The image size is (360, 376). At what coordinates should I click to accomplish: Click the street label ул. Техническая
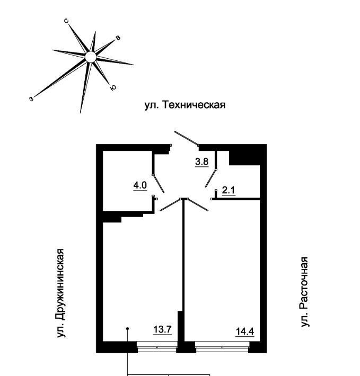[x=185, y=105]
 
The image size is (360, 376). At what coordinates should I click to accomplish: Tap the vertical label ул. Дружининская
[x=61, y=293]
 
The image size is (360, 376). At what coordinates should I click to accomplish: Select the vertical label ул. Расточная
[x=304, y=292]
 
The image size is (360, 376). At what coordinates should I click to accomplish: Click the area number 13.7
[x=162, y=329]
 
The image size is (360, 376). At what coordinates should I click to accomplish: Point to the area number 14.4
[x=245, y=332]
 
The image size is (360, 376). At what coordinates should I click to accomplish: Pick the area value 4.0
[x=140, y=185]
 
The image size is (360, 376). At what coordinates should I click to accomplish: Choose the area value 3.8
[x=202, y=162]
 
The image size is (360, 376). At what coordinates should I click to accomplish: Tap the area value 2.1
[x=229, y=191]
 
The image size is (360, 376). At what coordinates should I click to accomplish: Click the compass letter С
[x=66, y=21]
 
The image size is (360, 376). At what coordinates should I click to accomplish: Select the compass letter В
[x=118, y=38]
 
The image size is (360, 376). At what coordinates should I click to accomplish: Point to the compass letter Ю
[x=113, y=88]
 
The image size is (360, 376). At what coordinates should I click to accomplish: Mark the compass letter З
[x=31, y=99]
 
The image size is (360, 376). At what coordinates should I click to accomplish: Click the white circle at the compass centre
[x=91, y=57]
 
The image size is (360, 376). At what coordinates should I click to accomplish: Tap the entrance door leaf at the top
[x=187, y=138]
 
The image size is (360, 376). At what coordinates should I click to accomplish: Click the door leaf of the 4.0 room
[x=159, y=183]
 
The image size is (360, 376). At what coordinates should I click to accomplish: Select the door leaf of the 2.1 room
[x=211, y=178]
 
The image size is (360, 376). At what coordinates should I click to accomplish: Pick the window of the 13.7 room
[x=157, y=347]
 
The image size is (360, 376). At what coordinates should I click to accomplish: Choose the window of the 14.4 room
[x=222, y=347]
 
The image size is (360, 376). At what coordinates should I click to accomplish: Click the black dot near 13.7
[x=128, y=329]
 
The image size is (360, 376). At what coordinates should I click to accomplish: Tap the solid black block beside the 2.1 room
[x=244, y=158]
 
